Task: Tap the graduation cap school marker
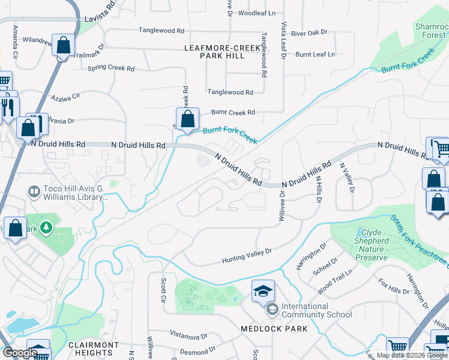click(x=262, y=291)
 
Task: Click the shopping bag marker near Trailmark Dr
click(x=63, y=46)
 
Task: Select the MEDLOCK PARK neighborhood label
click(x=274, y=329)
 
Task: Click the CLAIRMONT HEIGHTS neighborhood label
click(x=93, y=349)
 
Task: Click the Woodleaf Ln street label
click(x=256, y=13)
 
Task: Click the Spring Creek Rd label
click(x=110, y=68)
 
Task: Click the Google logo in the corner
click(x=19, y=353)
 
